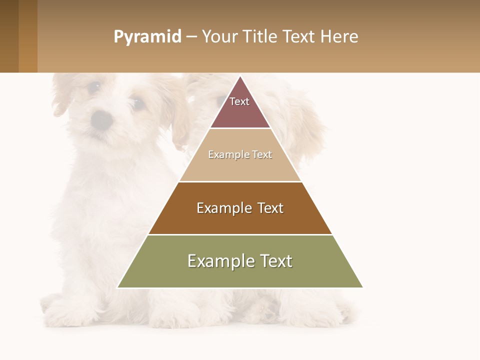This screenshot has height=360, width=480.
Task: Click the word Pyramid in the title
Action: [147, 36]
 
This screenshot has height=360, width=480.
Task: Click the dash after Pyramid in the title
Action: [191, 37]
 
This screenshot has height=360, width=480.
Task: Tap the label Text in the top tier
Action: [239, 101]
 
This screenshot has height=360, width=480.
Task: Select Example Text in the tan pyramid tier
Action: [240, 154]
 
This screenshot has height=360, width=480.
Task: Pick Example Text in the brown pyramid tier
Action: [240, 208]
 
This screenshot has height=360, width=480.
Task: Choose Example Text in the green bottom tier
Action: [240, 261]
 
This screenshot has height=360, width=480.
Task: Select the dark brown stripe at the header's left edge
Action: [9, 36]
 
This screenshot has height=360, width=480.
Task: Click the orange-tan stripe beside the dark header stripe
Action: [28, 36]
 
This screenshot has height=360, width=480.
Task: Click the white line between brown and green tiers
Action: [240, 234]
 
